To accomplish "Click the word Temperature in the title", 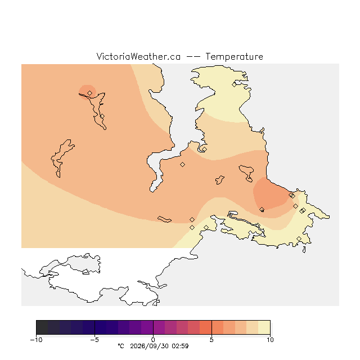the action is click(234, 56).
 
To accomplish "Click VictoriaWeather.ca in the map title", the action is click(138, 56).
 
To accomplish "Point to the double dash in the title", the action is click(193, 56).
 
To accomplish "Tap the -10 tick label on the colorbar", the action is click(36, 340).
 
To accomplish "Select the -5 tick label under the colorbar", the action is click(94, 340).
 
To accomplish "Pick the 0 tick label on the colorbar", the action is click(153, 340).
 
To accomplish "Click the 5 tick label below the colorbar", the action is click(211, 340).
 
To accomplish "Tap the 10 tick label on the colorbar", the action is click(270, 340).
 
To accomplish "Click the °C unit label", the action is click(121, 346).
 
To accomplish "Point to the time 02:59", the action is click(180, 346).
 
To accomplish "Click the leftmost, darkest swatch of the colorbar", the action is click(42, 327).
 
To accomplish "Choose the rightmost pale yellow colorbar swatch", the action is click(264, 327).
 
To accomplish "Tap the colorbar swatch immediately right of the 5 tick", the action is click(218, 327).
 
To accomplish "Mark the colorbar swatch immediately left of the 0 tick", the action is click(147, 327).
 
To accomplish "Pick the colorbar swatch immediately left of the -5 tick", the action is click(89, 327).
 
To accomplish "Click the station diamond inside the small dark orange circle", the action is click(90, 93).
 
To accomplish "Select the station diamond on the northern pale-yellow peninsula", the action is click(234, 84).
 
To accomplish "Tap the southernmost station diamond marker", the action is click(299, 238).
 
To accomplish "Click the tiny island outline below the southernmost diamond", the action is click(304, 250).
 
